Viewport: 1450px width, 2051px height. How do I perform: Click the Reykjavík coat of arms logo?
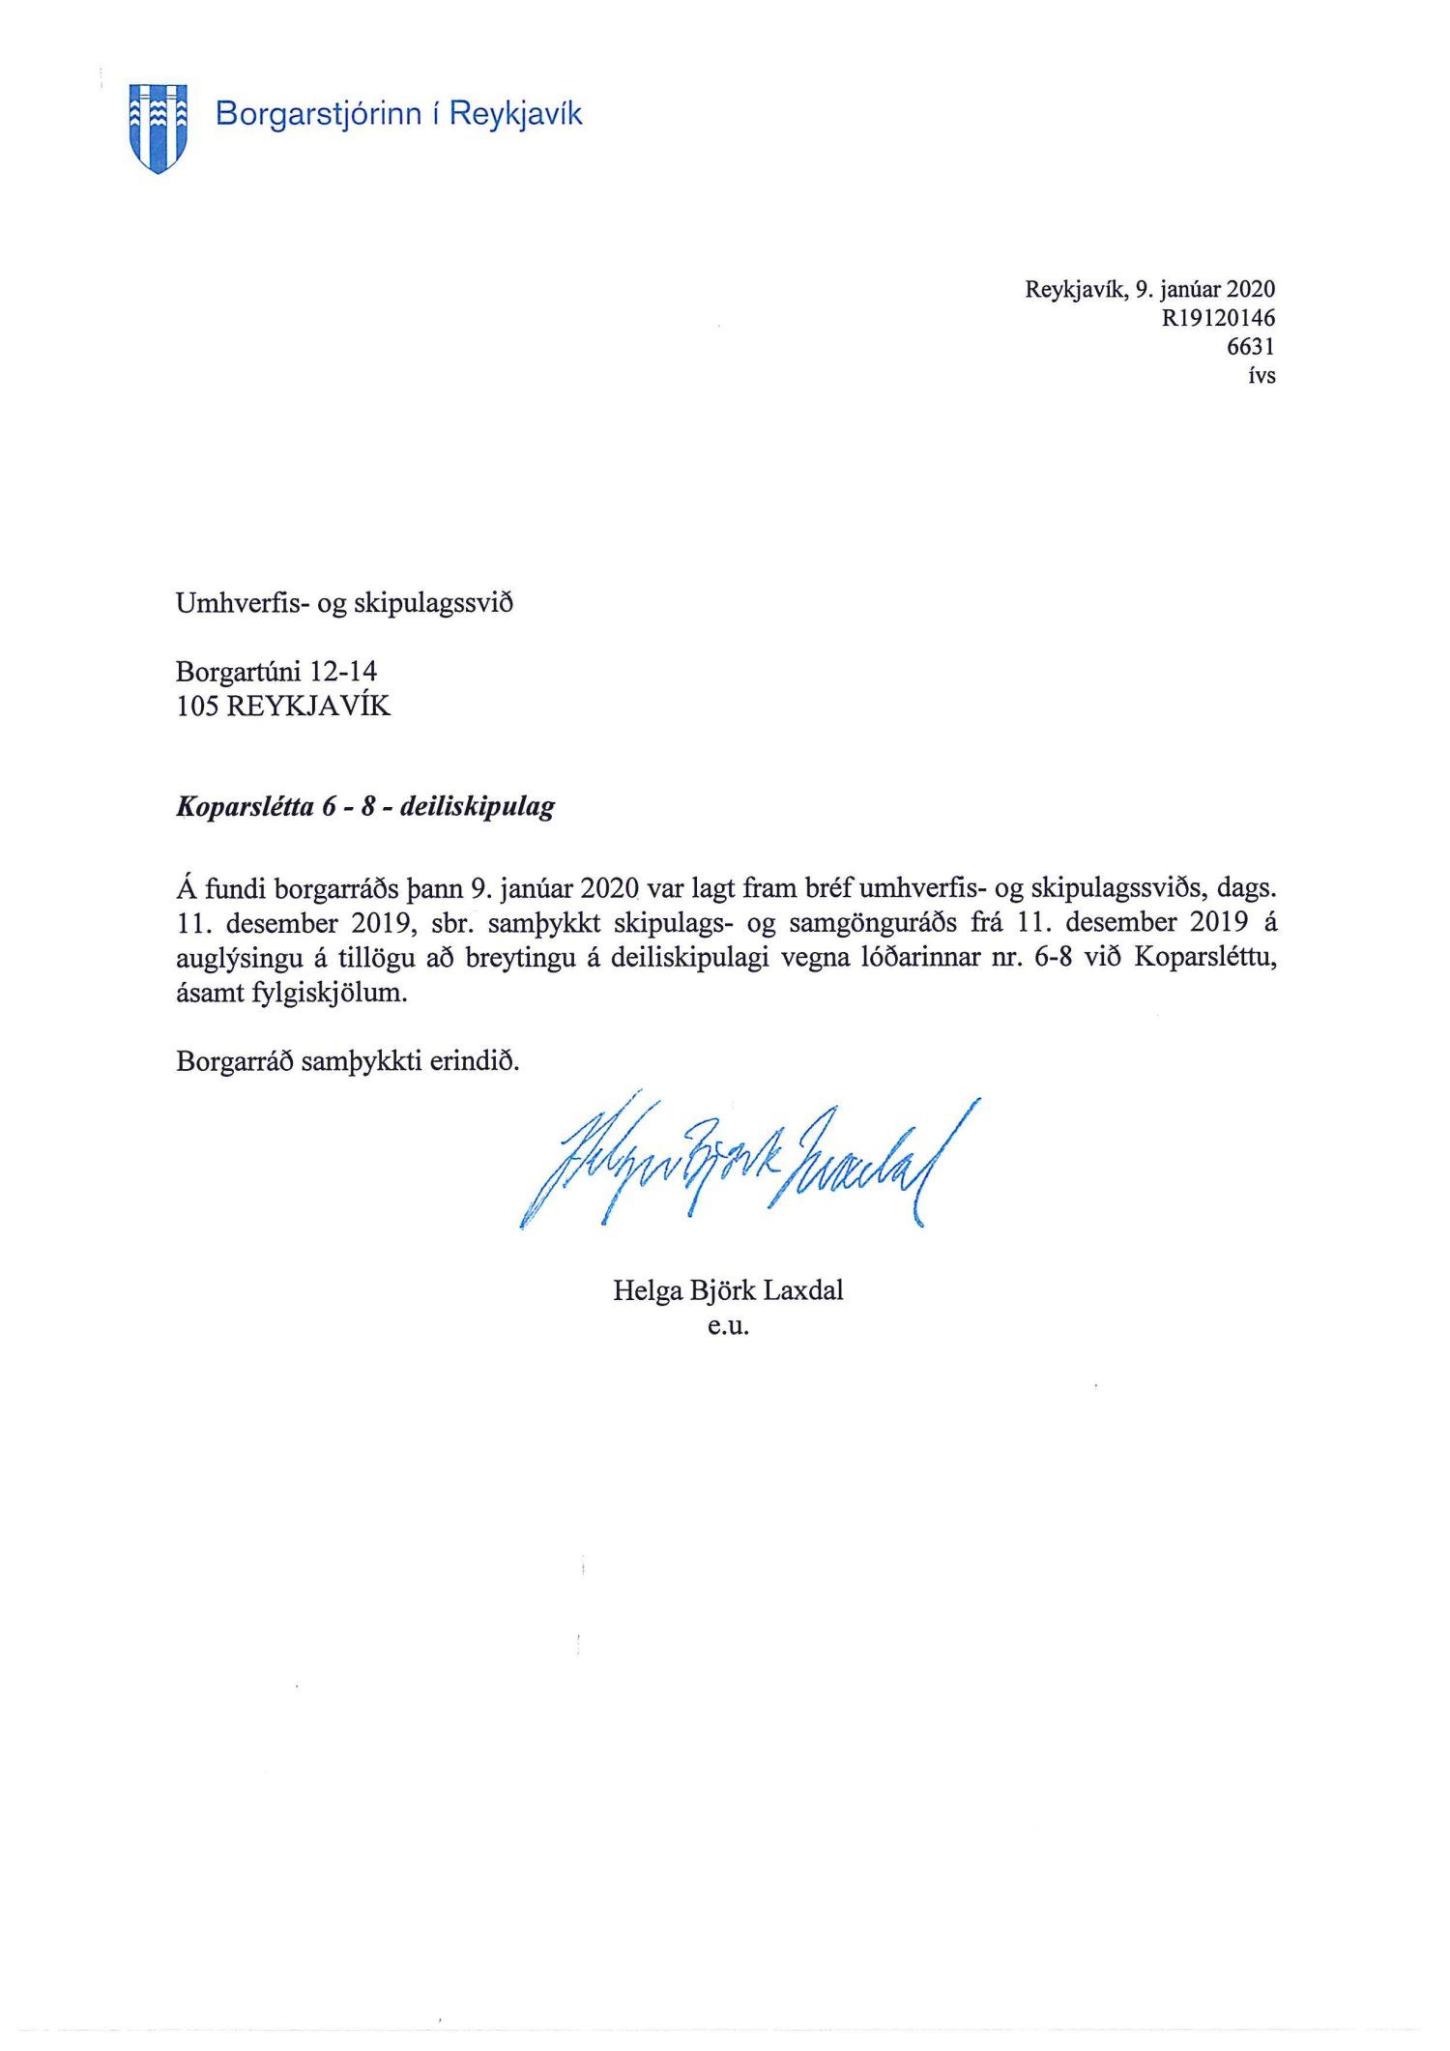click(x=158, y=127)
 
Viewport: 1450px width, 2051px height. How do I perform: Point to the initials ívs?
click(x=1261, y=375)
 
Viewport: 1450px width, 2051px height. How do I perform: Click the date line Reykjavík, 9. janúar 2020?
click(x=1149, y=289)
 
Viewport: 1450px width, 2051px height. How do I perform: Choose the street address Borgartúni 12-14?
click(x=276, y=671)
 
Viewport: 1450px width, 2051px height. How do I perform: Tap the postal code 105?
click(x=195, y=707)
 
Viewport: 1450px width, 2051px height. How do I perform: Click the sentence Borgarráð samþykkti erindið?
click(x=348, y=1062)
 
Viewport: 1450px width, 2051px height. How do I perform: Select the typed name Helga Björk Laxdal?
click(x=728, y=1290)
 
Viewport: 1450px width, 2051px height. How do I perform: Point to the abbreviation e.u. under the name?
click(x=728, y=1326)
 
